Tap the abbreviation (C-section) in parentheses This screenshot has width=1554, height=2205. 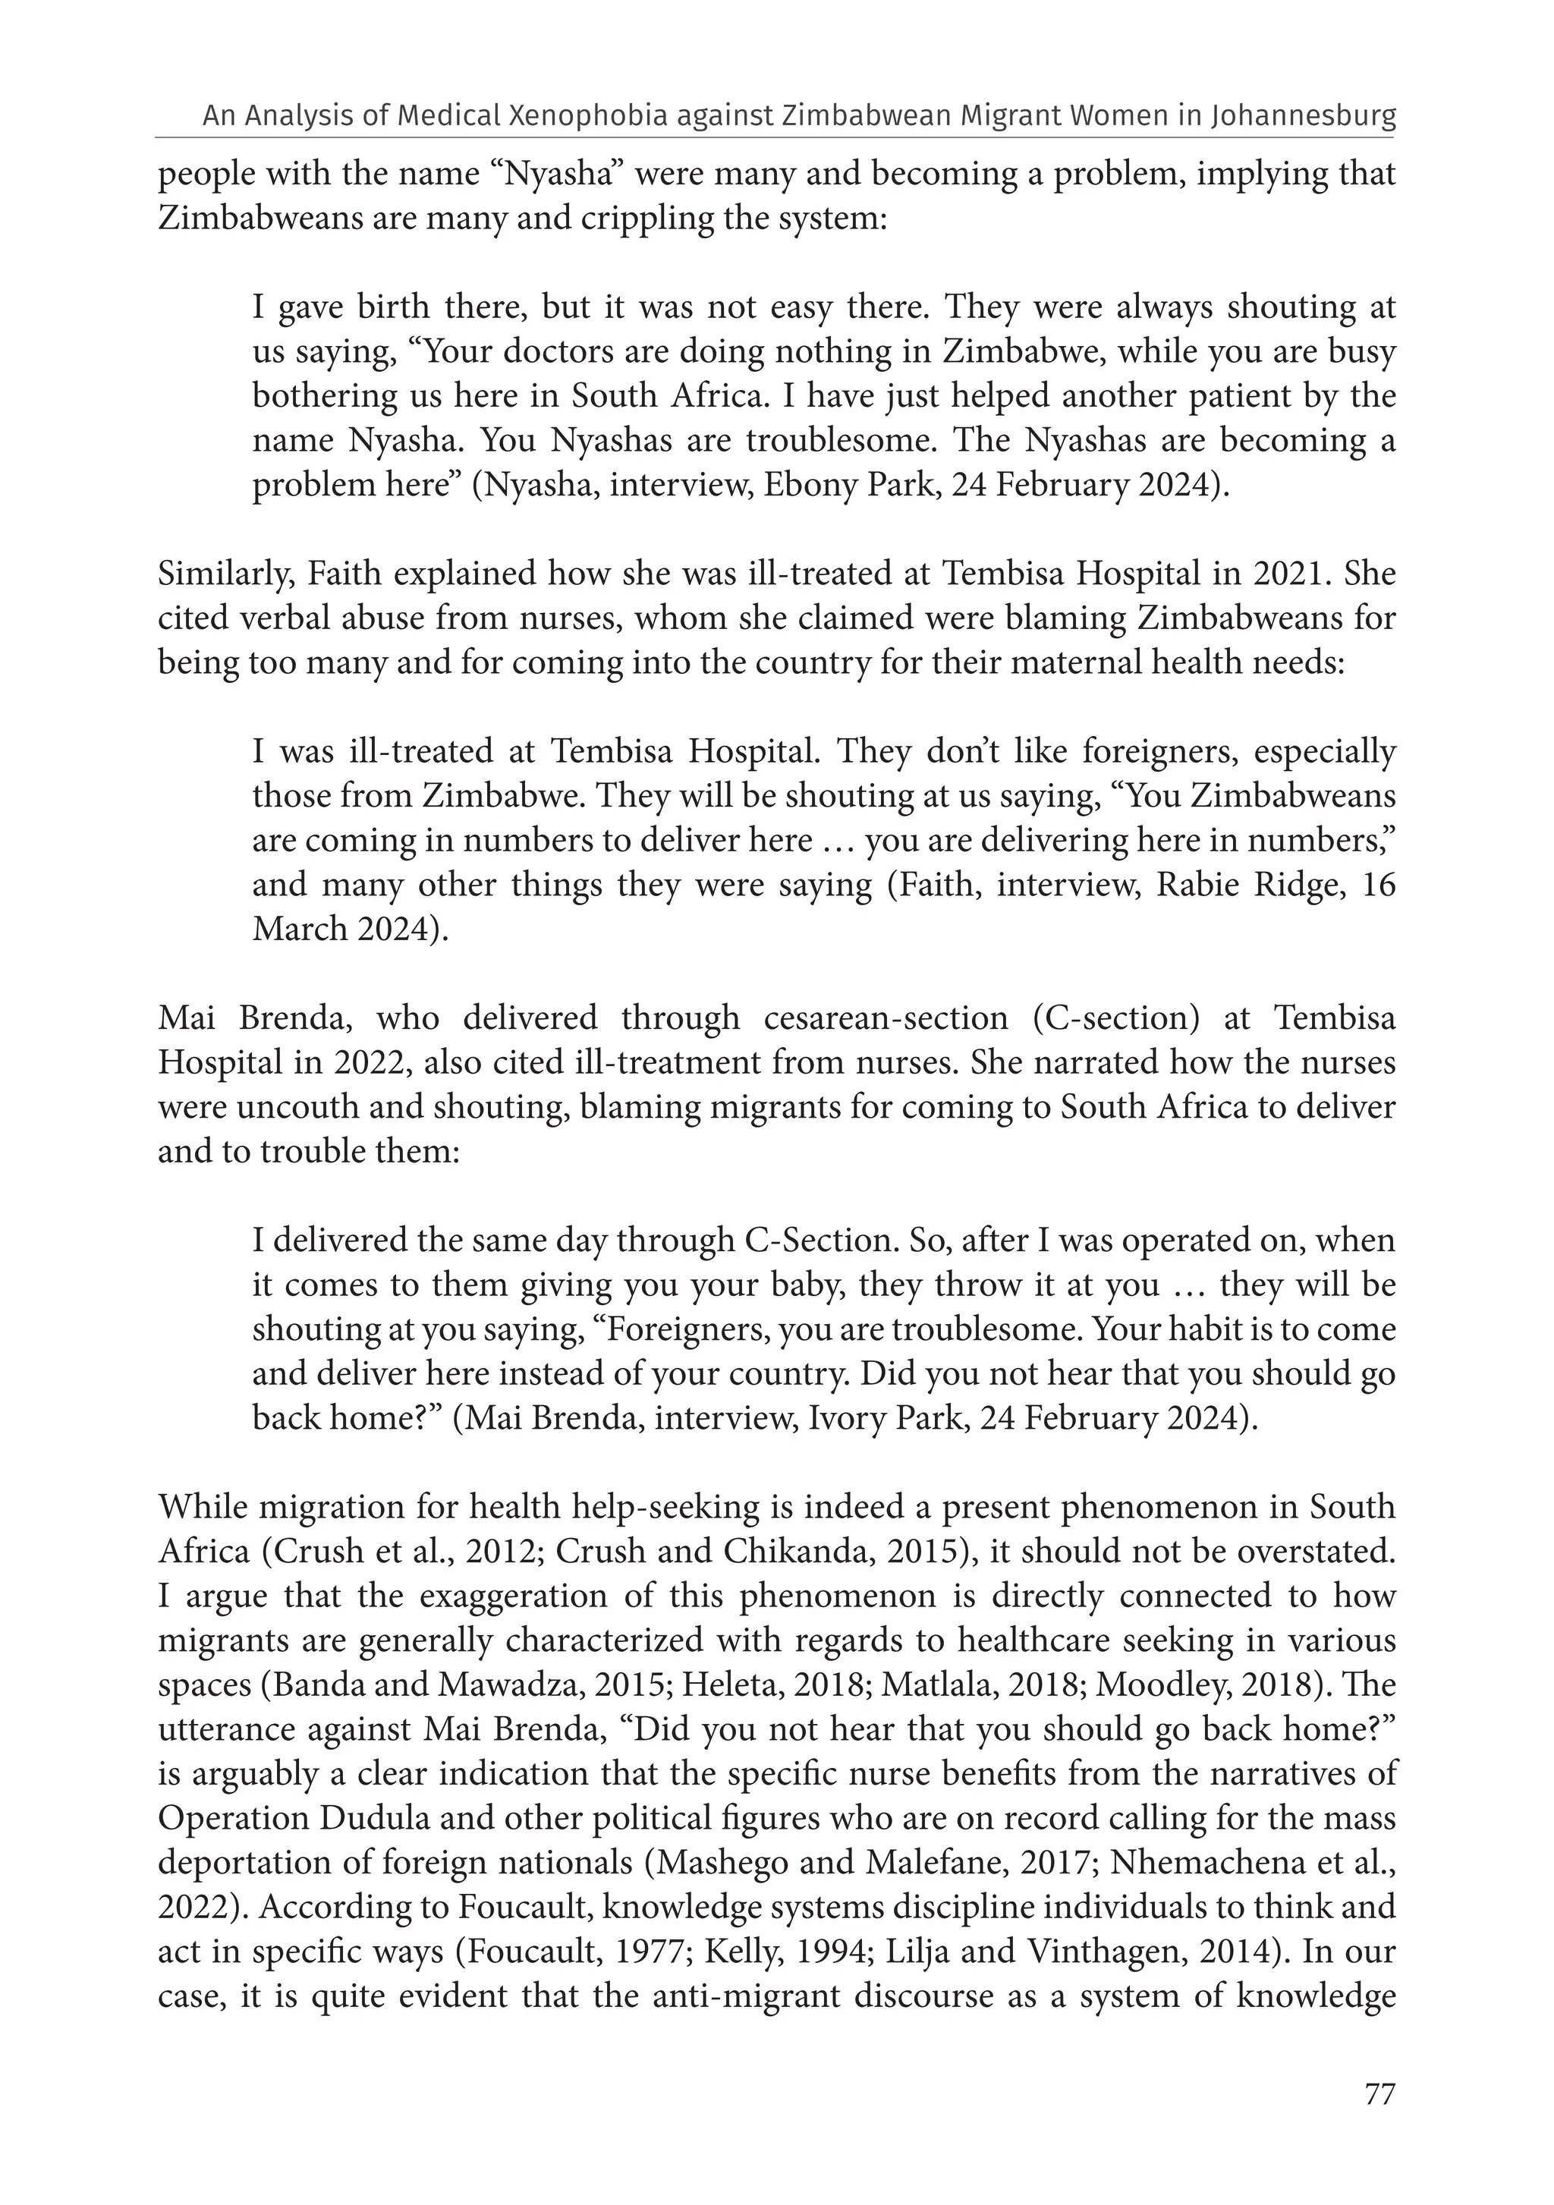(x=1117, y=1018)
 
